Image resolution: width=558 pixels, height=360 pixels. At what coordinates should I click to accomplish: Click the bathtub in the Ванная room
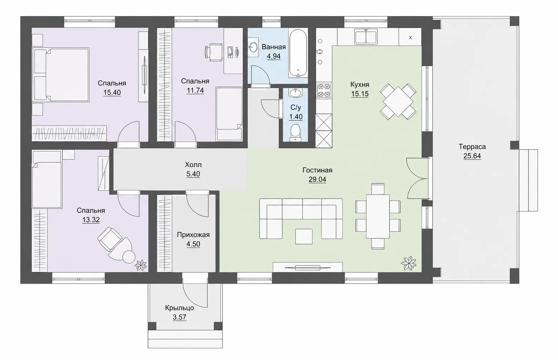coord(298,54)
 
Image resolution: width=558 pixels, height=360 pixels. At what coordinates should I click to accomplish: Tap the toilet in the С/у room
coord(296,133)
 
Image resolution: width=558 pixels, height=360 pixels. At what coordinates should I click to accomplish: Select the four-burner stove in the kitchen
coord(324,91)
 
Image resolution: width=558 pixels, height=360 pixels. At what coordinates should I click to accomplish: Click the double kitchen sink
coord(366,36)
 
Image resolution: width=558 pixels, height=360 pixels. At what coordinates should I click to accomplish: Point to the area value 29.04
coord(317,180)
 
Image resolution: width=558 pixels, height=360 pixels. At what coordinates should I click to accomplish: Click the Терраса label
coord(472,147)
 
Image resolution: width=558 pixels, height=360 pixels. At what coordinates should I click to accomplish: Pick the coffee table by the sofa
coord(304,236)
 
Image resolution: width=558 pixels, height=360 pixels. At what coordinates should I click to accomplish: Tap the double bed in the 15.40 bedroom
coord(61,75)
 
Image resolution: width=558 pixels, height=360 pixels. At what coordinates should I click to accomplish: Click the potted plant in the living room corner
coord(409,264)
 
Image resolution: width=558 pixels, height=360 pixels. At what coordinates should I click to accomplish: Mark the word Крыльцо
coord(179,308)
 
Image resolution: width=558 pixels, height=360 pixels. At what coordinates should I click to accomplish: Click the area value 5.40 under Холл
coord(193,174)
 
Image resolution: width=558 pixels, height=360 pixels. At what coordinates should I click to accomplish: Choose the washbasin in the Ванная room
coord(253,46)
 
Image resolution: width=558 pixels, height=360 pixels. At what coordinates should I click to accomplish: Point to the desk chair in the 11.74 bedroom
coord(213,52)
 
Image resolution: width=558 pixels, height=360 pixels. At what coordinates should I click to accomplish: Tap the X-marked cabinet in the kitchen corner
coord(410,37)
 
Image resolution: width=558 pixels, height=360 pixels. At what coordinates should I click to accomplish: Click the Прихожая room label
coord(193,235)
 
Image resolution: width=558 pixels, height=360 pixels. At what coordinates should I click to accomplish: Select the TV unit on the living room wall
coord(308,267)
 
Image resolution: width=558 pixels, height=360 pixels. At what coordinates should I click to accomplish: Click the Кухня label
coord(360,85)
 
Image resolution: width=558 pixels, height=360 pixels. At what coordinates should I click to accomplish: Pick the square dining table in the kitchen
coord(398,101)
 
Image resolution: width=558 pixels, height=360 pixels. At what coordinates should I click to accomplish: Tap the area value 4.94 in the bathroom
coord(274,56)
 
